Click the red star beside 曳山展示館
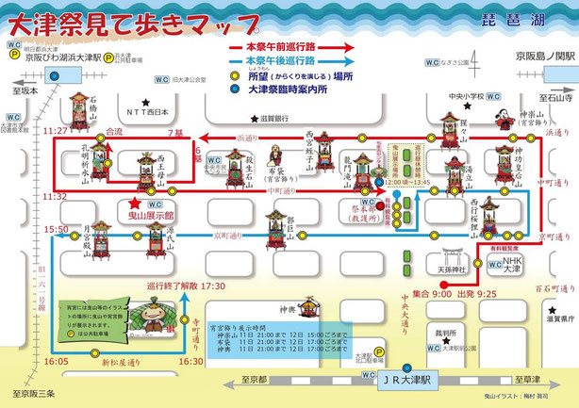(136, 203)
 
